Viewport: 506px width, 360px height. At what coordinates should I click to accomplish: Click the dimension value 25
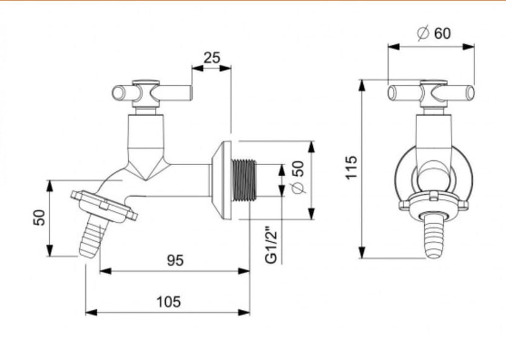coord(212,58)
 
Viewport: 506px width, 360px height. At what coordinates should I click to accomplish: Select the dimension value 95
coord(176,260)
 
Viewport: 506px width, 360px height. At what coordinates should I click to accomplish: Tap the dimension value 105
coord(168,301)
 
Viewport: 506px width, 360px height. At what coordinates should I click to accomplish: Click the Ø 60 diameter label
coord(434,33)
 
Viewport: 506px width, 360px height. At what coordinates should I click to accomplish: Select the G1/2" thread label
coord(272,244)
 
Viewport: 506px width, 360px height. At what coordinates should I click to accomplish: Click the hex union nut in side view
coord(104,206)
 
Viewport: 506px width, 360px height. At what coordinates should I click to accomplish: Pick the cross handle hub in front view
coord(432,94)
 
